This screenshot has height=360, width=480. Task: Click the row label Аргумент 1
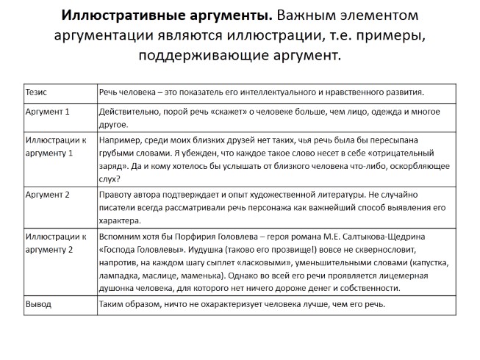tap(48, 112)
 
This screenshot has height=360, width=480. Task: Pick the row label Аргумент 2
tap(48, 195)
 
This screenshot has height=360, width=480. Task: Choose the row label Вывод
tap(38, 304)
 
